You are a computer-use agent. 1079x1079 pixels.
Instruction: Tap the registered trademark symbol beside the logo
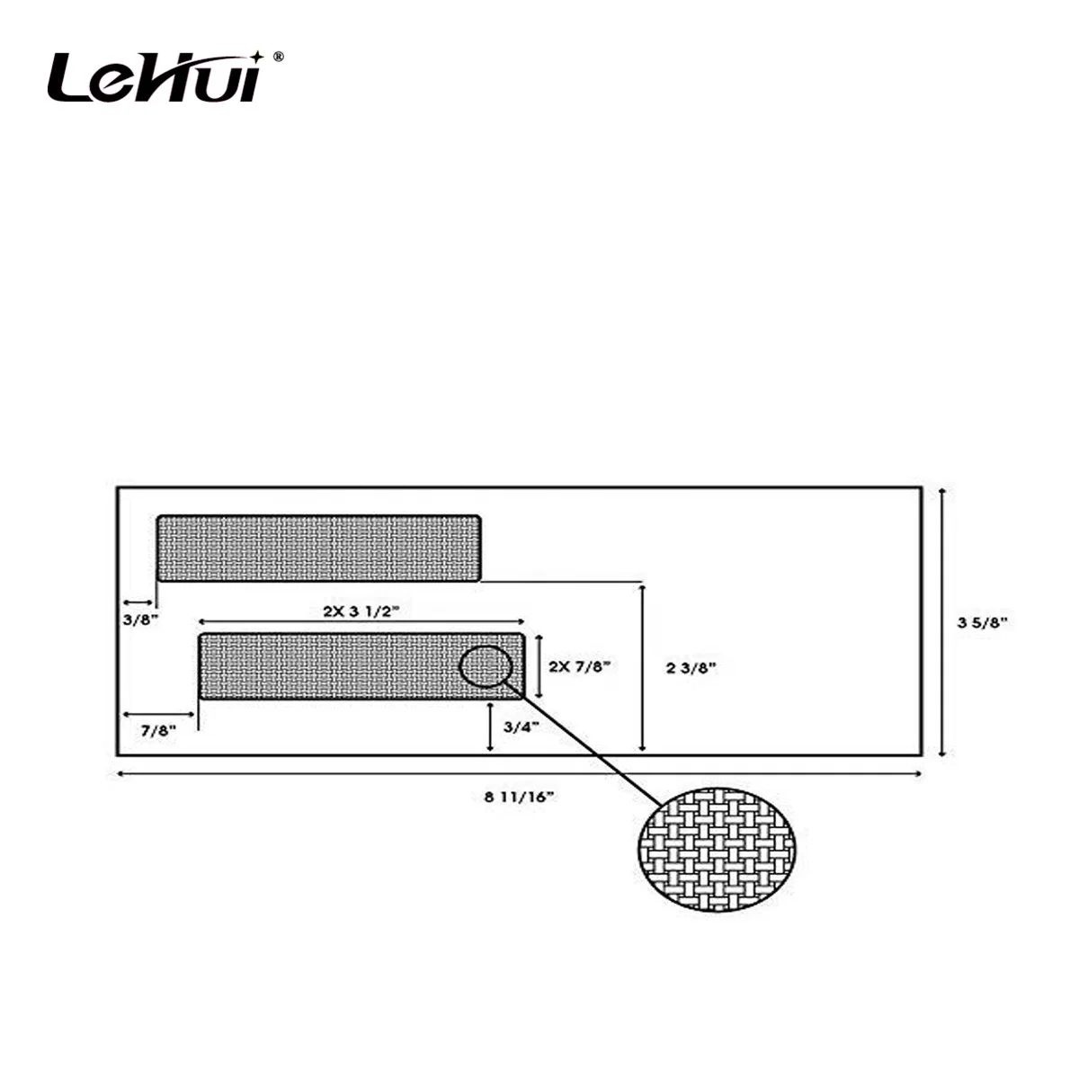pyautogui.click(x=278, y=57)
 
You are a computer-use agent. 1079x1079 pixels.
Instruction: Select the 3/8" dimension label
pyautogui.click(x=140, y=620)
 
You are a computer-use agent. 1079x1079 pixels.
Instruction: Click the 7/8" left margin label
pyautogui.click(x=158, y=730)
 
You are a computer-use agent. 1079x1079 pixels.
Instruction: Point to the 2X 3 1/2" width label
pyautogui.click(x=361, y=610)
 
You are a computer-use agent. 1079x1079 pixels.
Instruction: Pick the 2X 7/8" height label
pyautogui.click(x=579, y=666)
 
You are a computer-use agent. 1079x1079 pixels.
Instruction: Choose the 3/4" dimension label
pyautogui.click(x=521, y=727)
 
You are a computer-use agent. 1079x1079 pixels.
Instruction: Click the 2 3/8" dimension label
pyautogui.click(x=691, y=667)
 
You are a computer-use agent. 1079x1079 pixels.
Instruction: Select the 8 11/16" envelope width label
pyautogui.click(x=519, y=796)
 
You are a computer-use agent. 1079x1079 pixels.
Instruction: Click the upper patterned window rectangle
pyautogui.click(x=318, y=548)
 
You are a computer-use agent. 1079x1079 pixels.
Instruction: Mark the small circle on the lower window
pyautogui.click(x=486, y=666)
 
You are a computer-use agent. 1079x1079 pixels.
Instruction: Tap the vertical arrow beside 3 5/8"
pyautogui.click(x=941, y=621)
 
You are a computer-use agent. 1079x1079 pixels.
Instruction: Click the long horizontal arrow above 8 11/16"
pyautogui.click(x=520, y=773)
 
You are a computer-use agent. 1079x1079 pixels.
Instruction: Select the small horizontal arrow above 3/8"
pyautogui.click(x=137, y=602)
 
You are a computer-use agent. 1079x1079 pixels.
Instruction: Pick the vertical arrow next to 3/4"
pyautogui.click(x=489, y=727)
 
